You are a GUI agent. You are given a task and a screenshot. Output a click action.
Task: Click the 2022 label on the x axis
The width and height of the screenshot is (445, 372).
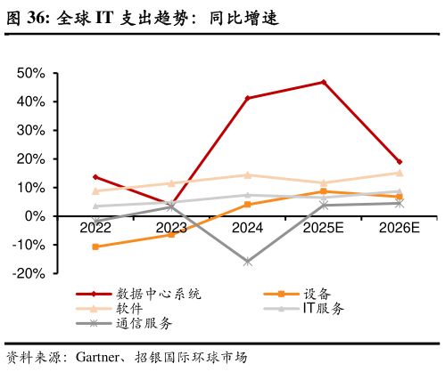coord(95,228)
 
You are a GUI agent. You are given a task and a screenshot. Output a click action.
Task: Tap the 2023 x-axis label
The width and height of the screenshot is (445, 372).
coord(171,228)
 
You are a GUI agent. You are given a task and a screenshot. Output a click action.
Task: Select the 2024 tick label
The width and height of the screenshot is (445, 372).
coord(247,228)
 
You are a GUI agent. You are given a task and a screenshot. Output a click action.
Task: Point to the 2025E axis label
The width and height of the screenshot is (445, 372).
coord(323,228)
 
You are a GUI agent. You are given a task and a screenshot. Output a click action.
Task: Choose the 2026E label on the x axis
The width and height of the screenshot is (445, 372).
coord(399,228)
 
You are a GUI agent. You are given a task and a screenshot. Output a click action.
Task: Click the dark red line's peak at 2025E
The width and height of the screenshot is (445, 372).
coord(324,82)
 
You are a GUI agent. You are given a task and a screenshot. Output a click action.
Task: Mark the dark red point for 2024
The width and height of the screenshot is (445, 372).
coord(247,98)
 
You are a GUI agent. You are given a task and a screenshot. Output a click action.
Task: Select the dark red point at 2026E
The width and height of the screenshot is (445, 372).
coord(400,162)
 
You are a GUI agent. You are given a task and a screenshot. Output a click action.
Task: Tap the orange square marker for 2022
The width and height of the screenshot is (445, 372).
coord(95,247)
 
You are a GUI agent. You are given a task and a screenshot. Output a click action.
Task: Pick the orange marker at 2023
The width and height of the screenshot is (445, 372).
coord(171,234)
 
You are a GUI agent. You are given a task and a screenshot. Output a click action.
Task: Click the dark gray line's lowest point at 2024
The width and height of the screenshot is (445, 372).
coord(248,262)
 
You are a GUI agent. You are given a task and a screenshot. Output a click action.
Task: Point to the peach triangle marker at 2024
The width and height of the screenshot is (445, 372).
coord(248,174)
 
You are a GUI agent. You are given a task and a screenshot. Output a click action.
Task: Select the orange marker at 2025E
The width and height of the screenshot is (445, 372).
coord(324,191)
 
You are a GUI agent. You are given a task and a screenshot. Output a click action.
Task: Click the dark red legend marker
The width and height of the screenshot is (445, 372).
coord(94,294)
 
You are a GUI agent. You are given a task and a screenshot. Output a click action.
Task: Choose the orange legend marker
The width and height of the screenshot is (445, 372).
coord(281,294)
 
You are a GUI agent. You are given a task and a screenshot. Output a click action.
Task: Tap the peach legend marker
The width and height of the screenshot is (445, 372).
coord(94,308)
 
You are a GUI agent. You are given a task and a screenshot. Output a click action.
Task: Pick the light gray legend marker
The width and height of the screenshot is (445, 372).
coord(281,309)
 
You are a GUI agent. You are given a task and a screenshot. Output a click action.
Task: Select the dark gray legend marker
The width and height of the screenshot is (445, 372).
coord(94,323)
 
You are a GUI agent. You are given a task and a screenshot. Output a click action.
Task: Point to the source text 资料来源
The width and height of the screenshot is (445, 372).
coord(32,358)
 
